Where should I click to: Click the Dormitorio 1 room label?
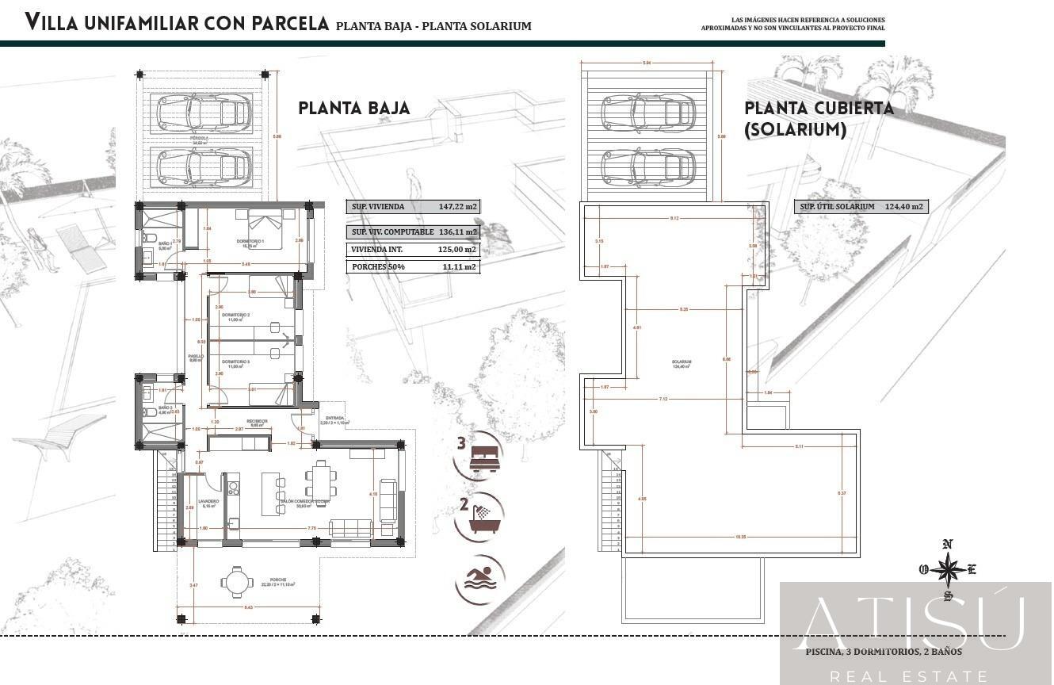point(250,241)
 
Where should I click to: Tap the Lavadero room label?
point(208,503)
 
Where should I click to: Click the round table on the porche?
point(237,582)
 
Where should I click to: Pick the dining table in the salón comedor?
point(320,480)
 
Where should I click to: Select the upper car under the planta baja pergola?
point(204,113)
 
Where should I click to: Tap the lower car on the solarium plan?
point(647,167)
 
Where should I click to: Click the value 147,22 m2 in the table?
point(458,207)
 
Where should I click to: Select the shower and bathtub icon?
point(483,515)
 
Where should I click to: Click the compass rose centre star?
point(947,568)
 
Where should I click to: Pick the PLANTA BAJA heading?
point(354,109)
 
